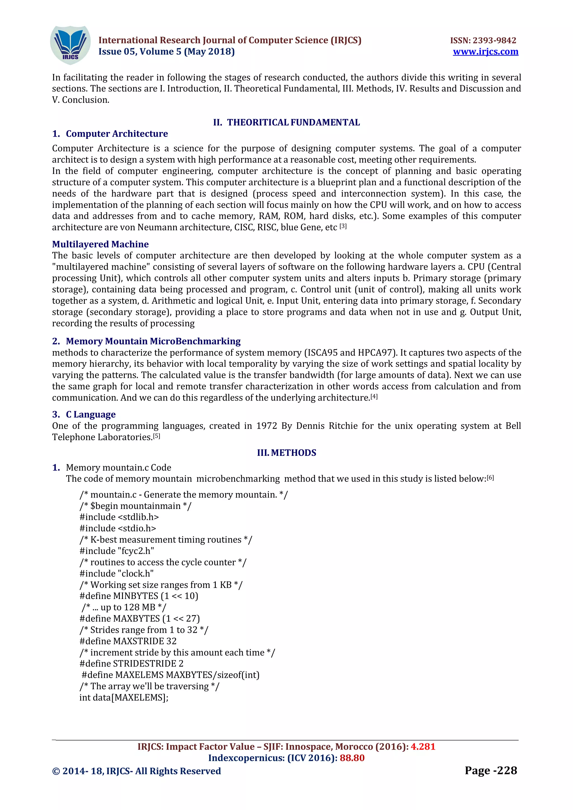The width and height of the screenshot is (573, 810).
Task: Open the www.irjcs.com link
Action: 485,52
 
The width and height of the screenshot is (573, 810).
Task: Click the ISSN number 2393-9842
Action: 494,41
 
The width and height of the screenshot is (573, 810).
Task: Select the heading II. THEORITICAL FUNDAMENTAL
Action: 286,122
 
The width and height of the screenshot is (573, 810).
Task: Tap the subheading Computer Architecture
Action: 116,134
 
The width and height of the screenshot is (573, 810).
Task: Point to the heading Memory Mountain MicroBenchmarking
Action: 153,341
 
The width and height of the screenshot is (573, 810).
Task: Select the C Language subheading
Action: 90,414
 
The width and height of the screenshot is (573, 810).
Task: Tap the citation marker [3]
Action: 343,226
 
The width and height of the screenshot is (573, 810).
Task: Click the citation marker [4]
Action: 374,397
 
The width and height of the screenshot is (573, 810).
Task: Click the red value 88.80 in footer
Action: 352,758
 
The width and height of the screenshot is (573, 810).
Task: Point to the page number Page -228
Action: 490,771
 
